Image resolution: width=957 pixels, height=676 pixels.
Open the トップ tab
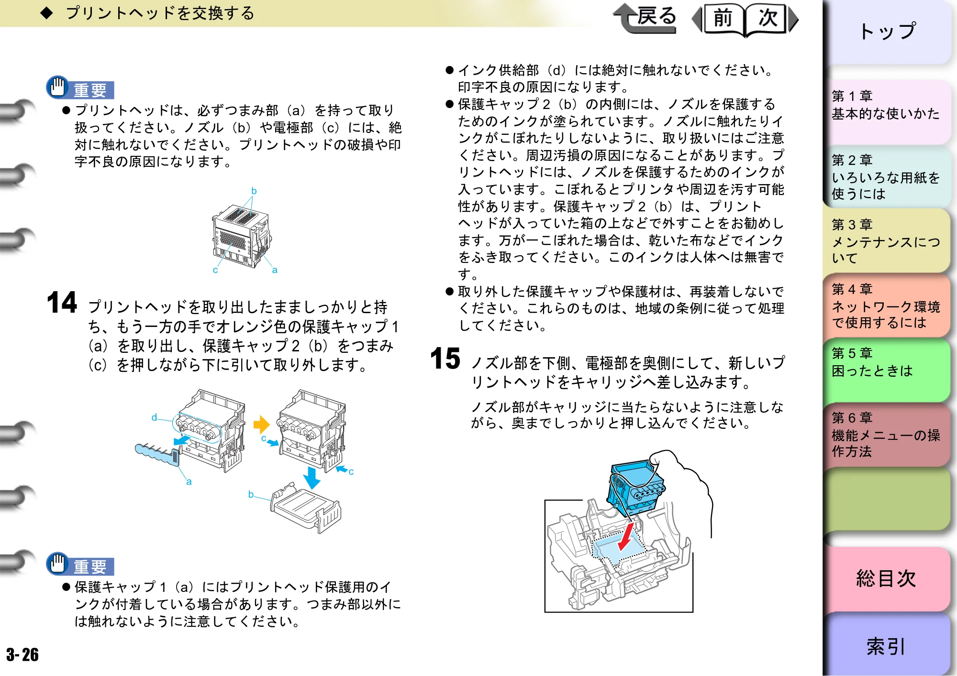tap(887, 32)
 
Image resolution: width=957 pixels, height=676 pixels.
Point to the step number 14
tap(62, 302)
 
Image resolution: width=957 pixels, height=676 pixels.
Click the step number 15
tap(445, 359)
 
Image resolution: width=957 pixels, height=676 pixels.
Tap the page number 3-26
tap(22, 654)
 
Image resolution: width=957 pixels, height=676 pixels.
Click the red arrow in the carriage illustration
tap(626, 536)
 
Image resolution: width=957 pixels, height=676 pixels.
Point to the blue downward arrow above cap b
tap(312, 478)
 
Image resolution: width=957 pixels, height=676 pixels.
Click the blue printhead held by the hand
tap(635, 488)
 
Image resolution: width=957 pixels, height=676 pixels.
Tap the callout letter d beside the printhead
tap(154, 417)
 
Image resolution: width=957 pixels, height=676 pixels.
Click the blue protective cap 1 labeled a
tap(157, 453)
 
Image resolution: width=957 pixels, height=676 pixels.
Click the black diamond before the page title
tap(46, 13)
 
